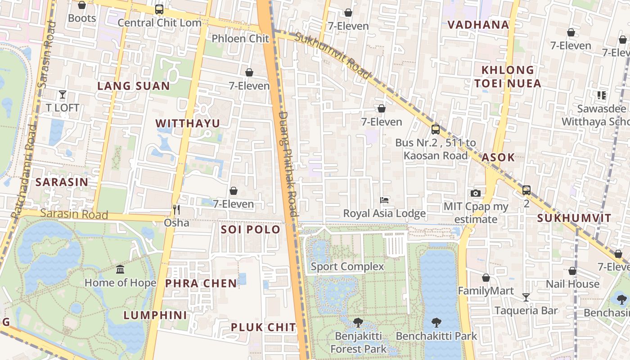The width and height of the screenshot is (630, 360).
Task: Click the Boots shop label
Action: (82, 18)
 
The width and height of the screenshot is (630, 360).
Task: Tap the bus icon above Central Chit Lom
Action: (159, 9)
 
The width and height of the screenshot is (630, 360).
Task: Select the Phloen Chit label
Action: (240, 39)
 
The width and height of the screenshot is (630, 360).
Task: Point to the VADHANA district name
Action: (478, 25)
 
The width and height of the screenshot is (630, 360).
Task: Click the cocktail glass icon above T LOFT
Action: (63, 94)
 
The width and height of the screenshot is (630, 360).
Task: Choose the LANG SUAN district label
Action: (134, 86)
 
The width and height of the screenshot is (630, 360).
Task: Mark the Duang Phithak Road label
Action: (288, 164)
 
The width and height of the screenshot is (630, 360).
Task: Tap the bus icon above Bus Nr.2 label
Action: (435, 130)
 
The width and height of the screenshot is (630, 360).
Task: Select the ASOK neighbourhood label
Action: (498, 157)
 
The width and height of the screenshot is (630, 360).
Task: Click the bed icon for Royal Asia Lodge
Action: (384, 200)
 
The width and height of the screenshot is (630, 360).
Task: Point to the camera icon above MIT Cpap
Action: (476, 193)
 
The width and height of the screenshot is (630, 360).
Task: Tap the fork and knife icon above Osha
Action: (176, 209)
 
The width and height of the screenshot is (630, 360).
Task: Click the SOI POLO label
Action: (250, 229)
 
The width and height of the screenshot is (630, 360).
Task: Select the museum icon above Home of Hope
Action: (120, 270)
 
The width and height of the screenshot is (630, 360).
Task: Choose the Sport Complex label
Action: (347, 266)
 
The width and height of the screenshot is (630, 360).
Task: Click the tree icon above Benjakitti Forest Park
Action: (358, 322)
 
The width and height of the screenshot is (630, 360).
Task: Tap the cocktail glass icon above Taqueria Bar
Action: (526, 297)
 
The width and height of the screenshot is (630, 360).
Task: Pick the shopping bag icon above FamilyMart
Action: (486, 278)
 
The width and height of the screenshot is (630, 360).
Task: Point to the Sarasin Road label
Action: (74, 214)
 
